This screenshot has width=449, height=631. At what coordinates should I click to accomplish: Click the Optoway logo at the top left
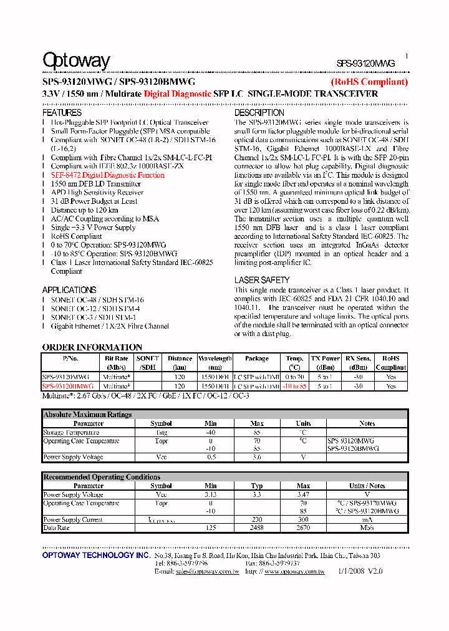click(x=76, y=60)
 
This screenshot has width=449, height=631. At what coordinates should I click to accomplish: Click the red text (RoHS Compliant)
click(x=369, y=82)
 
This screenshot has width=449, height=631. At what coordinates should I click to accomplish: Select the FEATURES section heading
click(x=62, y=113)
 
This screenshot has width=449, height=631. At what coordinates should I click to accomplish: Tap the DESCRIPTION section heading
click(x=259, y=113)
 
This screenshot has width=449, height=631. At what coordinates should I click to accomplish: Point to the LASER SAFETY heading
click(x=262, y=281)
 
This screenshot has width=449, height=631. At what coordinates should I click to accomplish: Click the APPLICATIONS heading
click(x=69, y=290)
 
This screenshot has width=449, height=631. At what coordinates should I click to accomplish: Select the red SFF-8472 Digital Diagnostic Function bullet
click(x=108, y=175)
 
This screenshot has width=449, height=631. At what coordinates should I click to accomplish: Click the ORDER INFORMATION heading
click(x=92, y=347)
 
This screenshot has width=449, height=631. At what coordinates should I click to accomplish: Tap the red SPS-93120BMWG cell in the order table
click(x=68, y=387)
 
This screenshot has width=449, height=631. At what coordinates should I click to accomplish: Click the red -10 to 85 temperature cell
click(x=295, y=387)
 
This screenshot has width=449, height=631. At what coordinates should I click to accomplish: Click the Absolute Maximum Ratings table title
click(x=87, y=415)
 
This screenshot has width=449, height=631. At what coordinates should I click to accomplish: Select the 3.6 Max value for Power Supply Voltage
click(x=258, y=457)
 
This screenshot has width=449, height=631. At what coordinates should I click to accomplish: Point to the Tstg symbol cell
click(x=161, y=432)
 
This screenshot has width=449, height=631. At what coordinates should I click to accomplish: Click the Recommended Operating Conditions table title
click(x=102, y=477)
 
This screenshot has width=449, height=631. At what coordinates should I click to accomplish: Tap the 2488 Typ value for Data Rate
click(x=257, y=527)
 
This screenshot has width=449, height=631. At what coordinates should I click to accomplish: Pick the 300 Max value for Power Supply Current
click(x=303, y=519)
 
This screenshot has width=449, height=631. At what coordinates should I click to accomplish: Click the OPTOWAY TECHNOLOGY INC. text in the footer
click(x=96, y=556)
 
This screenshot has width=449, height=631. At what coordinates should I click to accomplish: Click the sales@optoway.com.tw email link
click(x=207, y=571)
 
